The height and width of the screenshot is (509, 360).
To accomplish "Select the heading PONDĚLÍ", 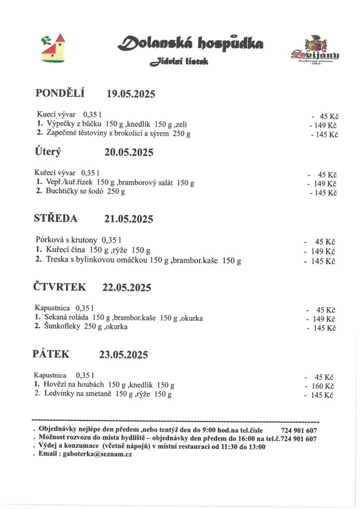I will pos(60,93).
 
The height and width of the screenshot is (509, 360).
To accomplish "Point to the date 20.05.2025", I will pos(129,152).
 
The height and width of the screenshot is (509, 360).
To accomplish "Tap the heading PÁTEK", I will pos(51,354).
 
